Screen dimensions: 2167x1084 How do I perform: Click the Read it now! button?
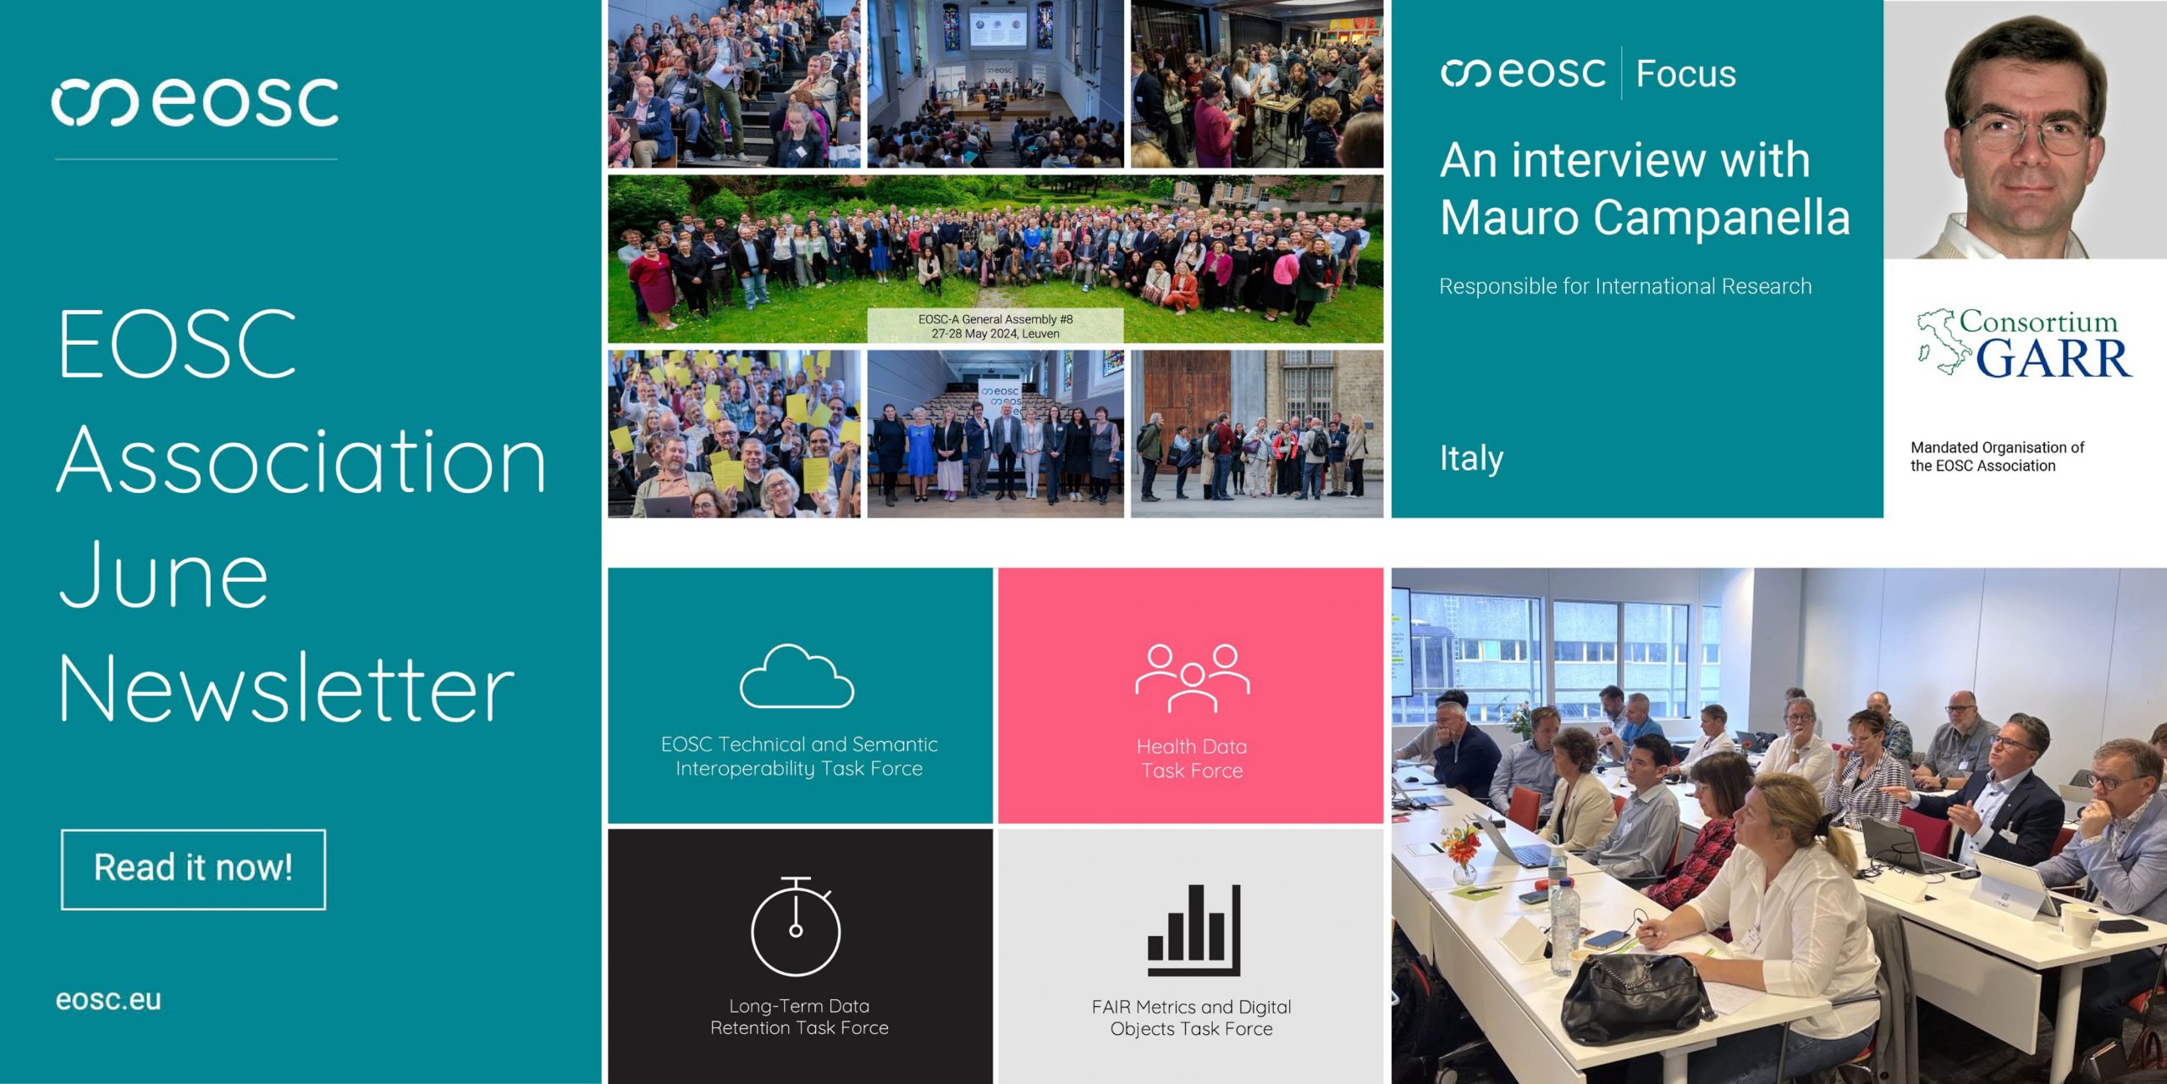[193, 870]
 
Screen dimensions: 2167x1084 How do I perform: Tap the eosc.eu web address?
[108, 1000]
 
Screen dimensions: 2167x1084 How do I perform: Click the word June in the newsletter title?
[164, 575]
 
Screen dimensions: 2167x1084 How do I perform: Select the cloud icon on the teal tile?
[797, 676]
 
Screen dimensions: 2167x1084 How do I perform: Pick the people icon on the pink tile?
[1192, 677]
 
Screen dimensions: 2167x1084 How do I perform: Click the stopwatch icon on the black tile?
[796, 926]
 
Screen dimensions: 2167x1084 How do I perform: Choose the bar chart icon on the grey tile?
[1194, 930]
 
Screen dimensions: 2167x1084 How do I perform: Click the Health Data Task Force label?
[1192, 759]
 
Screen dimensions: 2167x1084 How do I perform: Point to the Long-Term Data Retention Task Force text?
[799, 1017]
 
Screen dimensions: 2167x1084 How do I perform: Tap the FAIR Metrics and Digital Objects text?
[1191, 1018]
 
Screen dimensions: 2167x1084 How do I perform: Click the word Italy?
[1471, 458]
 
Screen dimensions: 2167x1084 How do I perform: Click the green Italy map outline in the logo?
[1943, 341]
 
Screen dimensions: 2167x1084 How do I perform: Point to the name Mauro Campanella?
[1645, 218]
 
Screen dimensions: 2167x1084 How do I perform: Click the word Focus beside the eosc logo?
[1685, 74]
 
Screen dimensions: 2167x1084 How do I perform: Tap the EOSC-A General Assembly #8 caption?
[995, 319]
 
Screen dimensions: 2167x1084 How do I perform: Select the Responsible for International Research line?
[1625, 286]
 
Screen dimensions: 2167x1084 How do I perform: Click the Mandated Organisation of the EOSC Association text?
[1997, 456]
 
